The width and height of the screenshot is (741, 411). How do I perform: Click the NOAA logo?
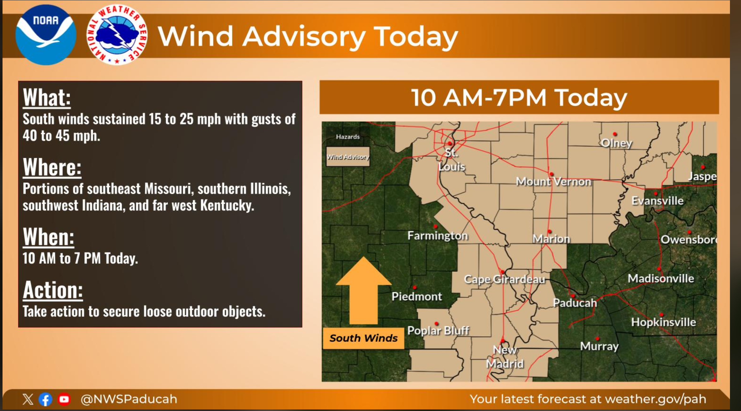(x=46, y=35)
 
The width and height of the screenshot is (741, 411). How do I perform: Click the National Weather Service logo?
(x=117, y=35)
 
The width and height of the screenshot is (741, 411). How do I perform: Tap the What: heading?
(x=47, y=97)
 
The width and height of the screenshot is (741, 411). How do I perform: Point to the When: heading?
(x=49, y=236)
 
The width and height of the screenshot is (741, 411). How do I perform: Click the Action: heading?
(x=53, y=290)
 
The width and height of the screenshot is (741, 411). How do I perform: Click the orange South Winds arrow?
(x=364, y=290)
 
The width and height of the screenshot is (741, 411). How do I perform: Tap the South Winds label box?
(x=363, y=338)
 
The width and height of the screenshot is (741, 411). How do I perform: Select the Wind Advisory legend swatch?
(x=348, y=157)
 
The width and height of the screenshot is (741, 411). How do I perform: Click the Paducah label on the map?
(x=575, y=303)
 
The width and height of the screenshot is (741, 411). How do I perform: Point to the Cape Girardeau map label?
(x=505, y=279)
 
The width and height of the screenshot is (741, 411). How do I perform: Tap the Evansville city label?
(x=657, y=201)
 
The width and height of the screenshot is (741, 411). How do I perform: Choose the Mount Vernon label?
(x=553, y=182)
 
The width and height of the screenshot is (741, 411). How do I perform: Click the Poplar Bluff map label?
(x=438, y=331)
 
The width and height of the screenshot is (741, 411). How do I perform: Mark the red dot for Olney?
(x=615, y=134)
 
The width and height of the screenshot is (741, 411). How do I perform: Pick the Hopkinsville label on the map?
(x=664, y=322)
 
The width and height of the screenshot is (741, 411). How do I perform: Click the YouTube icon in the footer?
(x=64, y=399)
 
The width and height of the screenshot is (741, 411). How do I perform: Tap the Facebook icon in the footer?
(x=45, y=399)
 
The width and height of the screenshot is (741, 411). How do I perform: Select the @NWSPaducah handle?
(x=129, y=399)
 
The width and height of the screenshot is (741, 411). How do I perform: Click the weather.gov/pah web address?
(x=655, y=399)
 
